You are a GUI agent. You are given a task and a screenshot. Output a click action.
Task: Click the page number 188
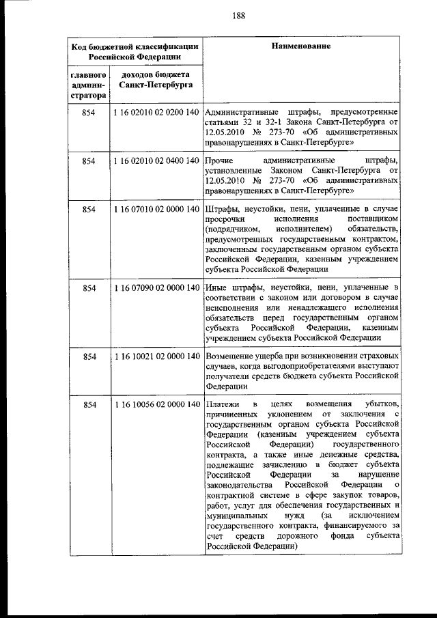point(218,16)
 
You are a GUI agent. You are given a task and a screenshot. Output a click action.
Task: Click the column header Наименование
point(302,46)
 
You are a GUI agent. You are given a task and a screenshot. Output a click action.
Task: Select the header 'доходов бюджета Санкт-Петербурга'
point(154,80)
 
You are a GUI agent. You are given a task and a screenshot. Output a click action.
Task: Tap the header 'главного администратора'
point(87,85)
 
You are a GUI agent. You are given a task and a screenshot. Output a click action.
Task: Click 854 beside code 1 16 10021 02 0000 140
point(88,356)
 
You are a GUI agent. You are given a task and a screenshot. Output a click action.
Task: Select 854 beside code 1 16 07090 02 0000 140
point(88,288)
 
